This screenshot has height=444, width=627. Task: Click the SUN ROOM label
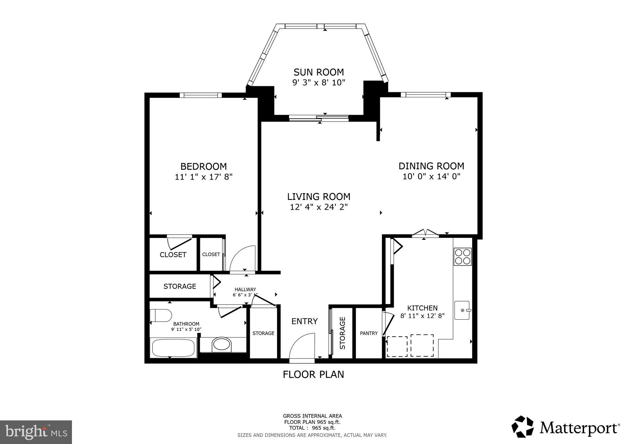tap(319, 72)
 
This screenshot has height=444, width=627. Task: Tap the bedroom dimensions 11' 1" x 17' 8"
tap(204, 177)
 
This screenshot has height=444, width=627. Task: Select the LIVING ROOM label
tap(319, 196)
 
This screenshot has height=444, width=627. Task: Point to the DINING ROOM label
tap(431, 166)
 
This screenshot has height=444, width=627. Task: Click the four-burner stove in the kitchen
tap(463, 257)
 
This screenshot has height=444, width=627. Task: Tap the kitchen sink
tap(462, 310)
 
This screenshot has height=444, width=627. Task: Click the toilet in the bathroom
tap(161, 315)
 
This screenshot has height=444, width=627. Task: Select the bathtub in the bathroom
tap(173, 348)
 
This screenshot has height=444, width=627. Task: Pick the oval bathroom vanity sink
tap(222, 344)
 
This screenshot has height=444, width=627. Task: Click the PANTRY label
tap(369, 333)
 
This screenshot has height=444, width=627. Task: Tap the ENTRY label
tap(304, 321)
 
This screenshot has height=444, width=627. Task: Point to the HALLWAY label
tap(245, 289)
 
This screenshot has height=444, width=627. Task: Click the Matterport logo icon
tap(522, 427)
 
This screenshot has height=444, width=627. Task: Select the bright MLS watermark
tap(36, 432)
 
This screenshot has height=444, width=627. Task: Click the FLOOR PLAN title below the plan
tap(313, 374)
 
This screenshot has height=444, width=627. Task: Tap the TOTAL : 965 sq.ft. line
tap(312, 428)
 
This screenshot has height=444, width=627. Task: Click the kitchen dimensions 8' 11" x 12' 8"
tap(422, 316)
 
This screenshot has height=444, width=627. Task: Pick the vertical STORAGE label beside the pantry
tap(342, 333)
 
